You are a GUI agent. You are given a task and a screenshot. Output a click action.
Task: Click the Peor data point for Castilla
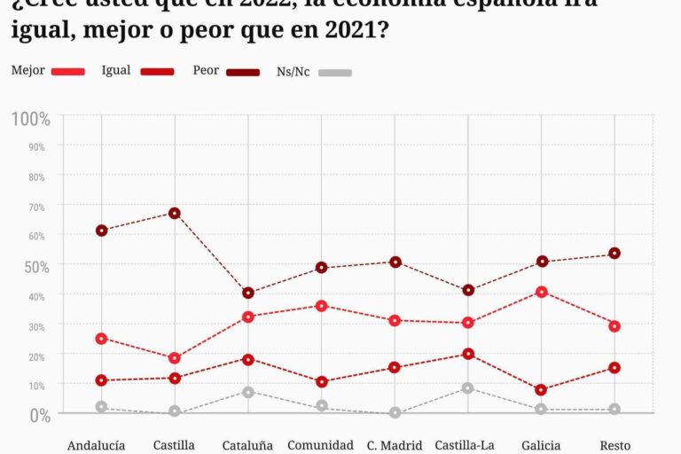pyautogui.click(x=175, y=213)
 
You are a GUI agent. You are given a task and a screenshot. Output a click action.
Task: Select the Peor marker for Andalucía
pyautogui.click(x=102, y=231)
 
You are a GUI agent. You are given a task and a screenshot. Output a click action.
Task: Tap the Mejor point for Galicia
pyautogui.click(x=542, y=292)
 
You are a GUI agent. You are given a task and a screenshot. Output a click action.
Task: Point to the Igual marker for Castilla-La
pyautogui.click(x=468, y=354)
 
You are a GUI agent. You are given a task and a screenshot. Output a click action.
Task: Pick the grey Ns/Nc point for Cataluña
pyautogui.click(x=248, y=392)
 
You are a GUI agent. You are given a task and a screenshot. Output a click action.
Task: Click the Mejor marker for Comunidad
pyautogui.click(x=322, y=306)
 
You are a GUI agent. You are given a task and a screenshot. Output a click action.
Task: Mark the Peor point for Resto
pyautogui.click(x=614, y=254)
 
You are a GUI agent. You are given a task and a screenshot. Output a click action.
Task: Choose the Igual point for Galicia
pyautogui.click(x=542, y=390)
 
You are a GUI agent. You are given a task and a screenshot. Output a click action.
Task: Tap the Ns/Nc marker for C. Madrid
pyautogui.click(x=395, y=413)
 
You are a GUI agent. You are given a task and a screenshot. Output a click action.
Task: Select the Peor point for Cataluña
pyautogui.click(x=248, y=293)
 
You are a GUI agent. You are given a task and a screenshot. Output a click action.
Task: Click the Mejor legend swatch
pyautogui.click(x=68, y=72)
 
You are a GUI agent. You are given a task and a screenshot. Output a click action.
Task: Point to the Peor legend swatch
pyautogui.click(x=243, y=72)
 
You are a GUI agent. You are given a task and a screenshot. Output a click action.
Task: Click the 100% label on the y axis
pyautogui.click(x=30, y=119)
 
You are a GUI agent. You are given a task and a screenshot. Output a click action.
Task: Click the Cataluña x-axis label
pyautogui.click(x=248, y=445)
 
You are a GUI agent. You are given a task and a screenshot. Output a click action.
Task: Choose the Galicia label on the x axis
pyautogui.click(x=541, y=445)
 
